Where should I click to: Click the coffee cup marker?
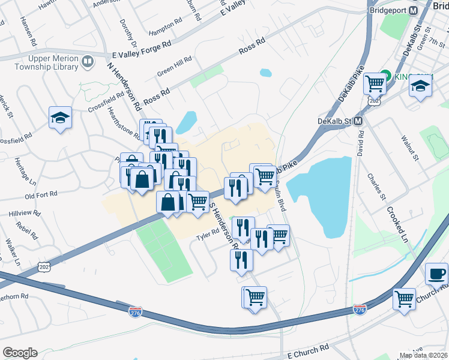(x=436, y=275)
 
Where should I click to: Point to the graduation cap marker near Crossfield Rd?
(x=60, y=118)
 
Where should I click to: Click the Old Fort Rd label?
(x=41, y=195)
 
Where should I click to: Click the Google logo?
(x=20, y=353)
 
